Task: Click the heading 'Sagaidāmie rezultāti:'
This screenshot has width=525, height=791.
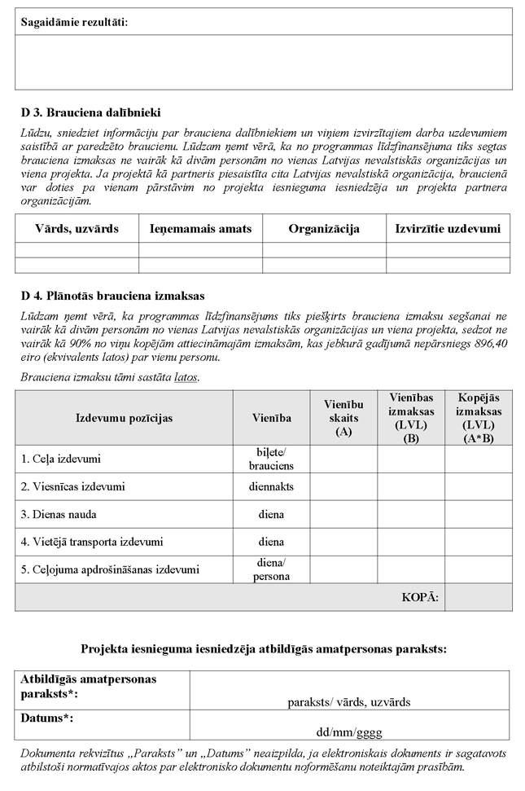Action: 74,22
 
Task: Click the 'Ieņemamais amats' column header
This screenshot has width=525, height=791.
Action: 200,229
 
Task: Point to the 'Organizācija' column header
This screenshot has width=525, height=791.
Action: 323,229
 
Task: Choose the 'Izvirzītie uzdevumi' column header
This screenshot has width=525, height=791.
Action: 448,229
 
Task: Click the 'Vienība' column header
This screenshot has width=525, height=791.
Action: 271,418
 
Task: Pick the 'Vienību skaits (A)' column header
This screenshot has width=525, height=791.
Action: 343,418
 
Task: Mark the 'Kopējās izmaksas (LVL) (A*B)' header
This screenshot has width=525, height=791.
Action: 478,418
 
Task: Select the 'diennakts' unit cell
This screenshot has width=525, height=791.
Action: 271,486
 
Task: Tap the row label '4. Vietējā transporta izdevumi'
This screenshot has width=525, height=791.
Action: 92,542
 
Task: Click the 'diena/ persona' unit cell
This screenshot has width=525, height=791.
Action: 271,569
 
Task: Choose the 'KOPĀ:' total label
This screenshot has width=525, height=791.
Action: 420,597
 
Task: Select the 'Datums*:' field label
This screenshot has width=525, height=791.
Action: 48,718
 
